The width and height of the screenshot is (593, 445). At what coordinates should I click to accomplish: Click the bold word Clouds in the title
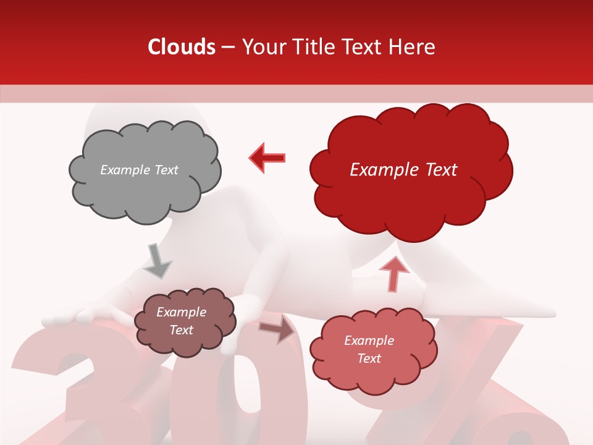182,47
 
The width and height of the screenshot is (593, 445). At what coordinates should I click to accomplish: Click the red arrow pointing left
267,158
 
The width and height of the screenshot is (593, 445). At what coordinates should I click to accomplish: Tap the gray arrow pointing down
157,260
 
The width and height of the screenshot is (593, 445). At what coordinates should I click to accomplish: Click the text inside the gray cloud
139,170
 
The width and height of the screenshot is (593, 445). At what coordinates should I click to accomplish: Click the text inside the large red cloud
403,170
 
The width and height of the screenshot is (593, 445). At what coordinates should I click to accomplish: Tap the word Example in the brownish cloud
181,312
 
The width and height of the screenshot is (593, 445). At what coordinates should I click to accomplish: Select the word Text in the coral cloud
369,358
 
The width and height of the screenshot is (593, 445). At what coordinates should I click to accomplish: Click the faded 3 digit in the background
68,389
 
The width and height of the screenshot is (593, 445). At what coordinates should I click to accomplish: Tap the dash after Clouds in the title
227,48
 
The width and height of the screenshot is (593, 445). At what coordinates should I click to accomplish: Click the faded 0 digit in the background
247,396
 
